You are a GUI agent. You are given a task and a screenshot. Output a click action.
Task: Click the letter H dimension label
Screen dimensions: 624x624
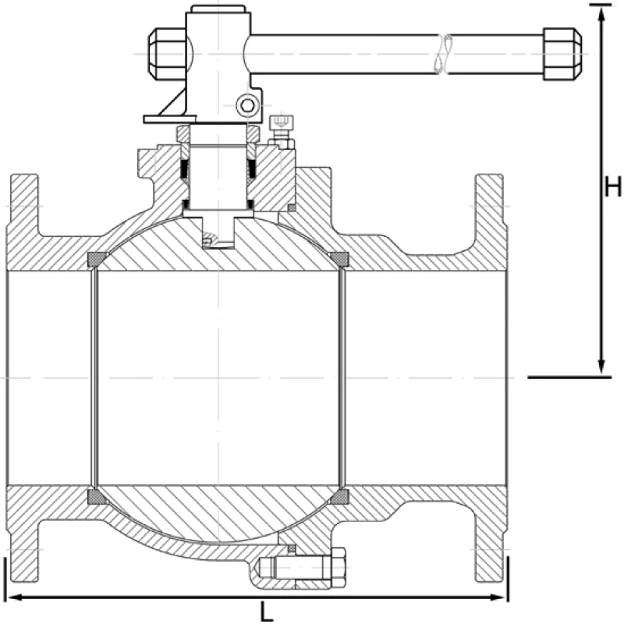(612, 187)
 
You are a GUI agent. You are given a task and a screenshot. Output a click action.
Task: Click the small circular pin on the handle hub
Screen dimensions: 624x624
(248, 105)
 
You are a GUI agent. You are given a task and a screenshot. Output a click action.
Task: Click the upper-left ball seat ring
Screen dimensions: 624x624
(96, 258)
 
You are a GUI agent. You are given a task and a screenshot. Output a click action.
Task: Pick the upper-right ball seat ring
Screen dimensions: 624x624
(340, 258)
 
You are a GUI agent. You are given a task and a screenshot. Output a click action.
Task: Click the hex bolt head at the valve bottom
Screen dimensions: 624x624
(339, 566)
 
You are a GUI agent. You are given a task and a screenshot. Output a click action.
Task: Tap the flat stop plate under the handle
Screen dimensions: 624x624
(168, 119)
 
